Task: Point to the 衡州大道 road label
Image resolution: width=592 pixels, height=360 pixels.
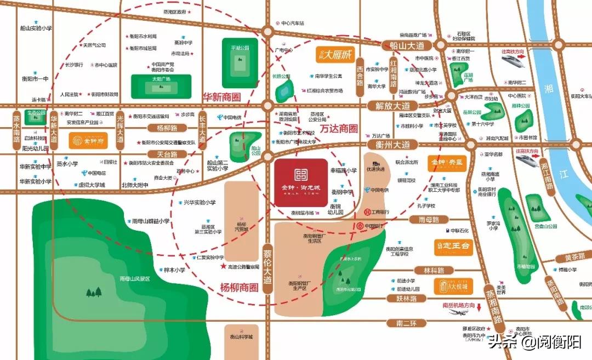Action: click(392, 145)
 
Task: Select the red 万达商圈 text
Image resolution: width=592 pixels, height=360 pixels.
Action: click(339, 129)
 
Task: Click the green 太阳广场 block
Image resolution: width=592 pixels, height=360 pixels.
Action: click(161, 83)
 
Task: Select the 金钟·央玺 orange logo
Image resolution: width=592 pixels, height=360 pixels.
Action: click(447, 163)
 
